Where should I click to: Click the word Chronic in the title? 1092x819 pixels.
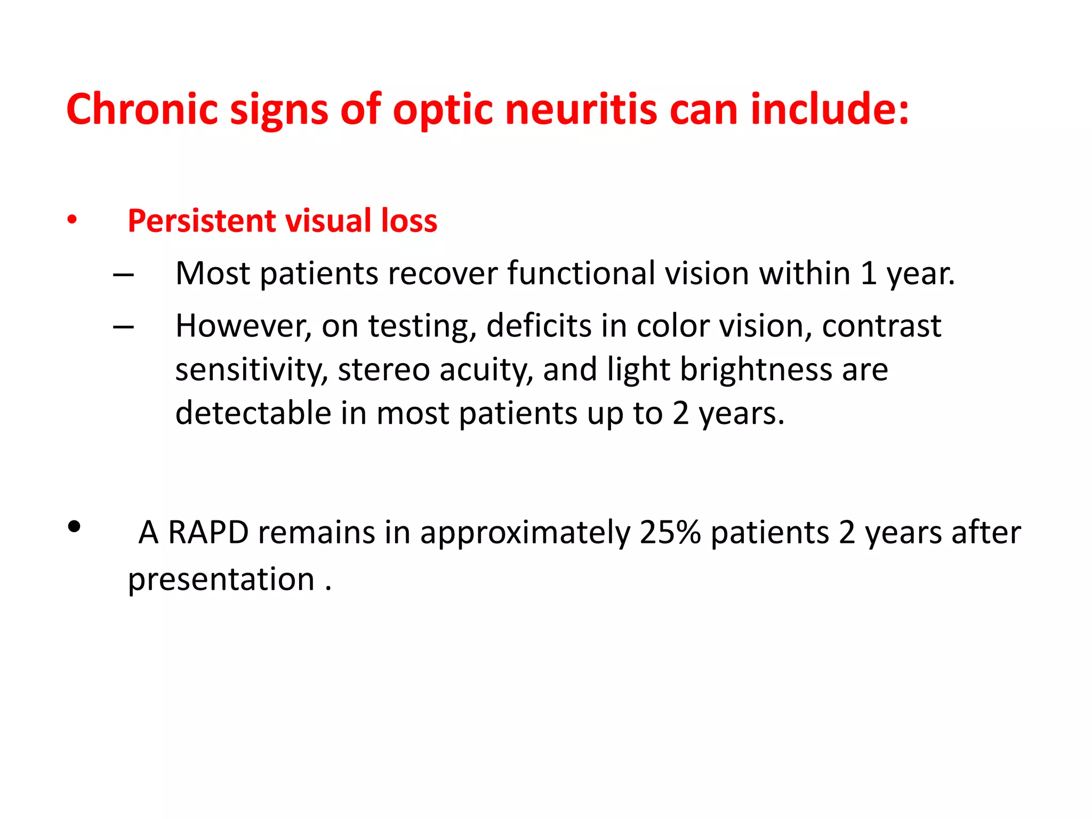pyautogui.click(x=142, y=109)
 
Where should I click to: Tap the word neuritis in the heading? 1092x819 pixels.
pyautogui.click(x=581, y=109)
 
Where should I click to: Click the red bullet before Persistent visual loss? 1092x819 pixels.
pyautogui.click(x=73, y=220)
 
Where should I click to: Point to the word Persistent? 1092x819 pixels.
pyautogui.click(x=201, y=221)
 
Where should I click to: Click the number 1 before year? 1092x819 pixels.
pyautogui.click(x=868, y=273)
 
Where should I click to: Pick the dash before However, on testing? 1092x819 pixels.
pyautogui.click(x=123, y=327)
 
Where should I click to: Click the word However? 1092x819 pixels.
pyautogui.click(x=243, y=326)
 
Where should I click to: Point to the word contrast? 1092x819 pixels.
pyautogui.click(x=881, y=326)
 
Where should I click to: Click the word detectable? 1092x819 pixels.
pyautogui.click(x=253, y=413)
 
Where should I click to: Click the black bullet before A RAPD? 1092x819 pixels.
pyautogui.click(x=74, y=527)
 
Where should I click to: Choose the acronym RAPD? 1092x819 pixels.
pyautogui.click(x=208, y=532)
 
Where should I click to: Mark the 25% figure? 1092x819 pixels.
pyautogui.click(x=670, y=532)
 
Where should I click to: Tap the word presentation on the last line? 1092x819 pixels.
pyautogui.click(x=221, y=580)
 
